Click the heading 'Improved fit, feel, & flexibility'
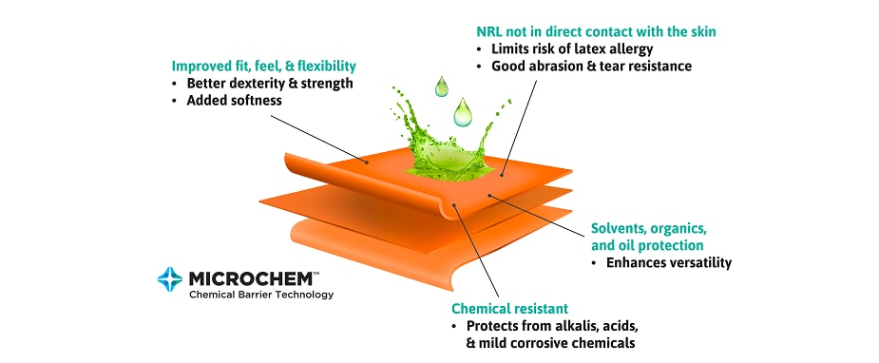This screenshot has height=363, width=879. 263,67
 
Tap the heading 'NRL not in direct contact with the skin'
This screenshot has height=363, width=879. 596,31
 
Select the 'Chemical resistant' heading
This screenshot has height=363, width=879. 510,308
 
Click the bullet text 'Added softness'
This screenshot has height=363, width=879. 235,101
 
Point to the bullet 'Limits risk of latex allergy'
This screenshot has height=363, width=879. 572,48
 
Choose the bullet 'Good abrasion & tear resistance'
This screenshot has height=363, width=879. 591,67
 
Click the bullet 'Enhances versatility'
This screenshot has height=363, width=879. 669,262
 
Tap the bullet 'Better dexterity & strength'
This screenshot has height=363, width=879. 270,84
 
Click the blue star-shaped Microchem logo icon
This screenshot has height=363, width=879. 170,279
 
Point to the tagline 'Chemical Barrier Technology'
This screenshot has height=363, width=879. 261,295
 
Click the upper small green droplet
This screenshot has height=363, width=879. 442,86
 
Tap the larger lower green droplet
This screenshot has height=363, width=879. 463,112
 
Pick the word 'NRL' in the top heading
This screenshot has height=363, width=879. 488,31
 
